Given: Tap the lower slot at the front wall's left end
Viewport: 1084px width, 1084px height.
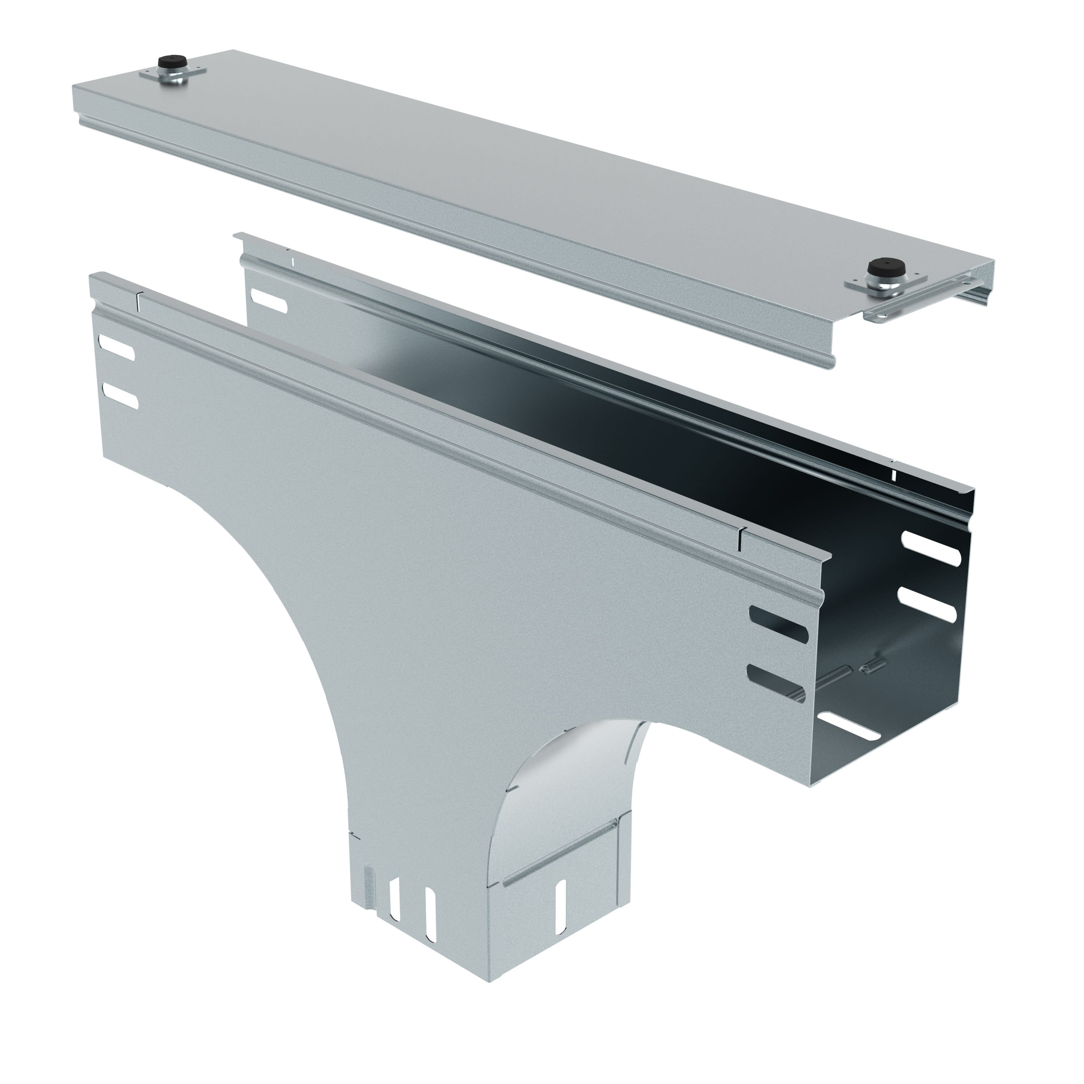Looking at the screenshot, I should (x=120, y=396).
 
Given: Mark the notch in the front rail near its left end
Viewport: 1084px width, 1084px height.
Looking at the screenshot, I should (x=139, y=301).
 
